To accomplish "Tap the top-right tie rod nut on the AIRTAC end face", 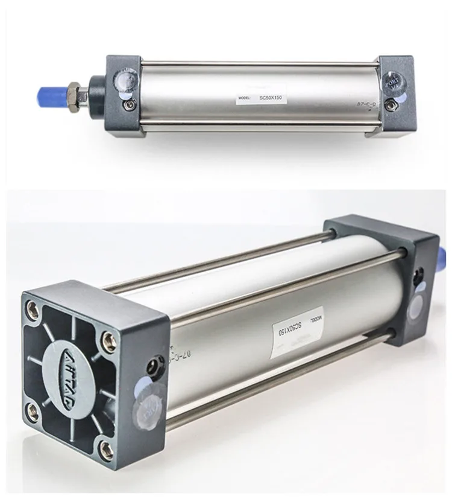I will (x=107, y=338).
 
